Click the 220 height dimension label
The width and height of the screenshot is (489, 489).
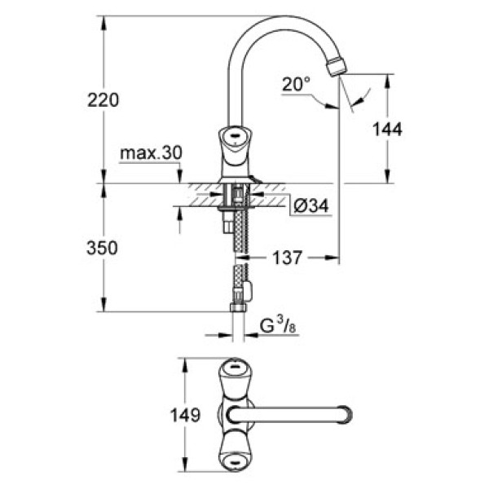click(103, 100)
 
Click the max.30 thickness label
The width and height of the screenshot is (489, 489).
click(152, 153)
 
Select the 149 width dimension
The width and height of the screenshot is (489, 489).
click(187, 416)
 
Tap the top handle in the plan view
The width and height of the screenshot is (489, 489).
click(234, 377)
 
